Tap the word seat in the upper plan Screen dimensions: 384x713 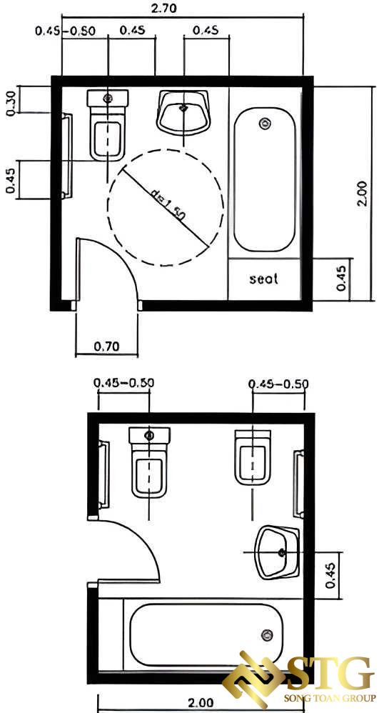[x=263, y=279]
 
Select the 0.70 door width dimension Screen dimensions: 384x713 [x=107, y=346]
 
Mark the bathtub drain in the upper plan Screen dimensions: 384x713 [x=264, y=123]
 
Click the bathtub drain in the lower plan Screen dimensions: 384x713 [x=268, y=635]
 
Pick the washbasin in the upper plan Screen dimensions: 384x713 [x=184, y=112]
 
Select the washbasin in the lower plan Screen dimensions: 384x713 [x=277, y=552]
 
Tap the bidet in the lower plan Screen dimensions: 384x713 [x=253, y=459]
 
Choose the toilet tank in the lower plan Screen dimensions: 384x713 [x=149, y=436]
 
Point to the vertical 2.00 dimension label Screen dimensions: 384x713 [x=362, y=194]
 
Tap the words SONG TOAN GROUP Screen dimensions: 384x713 [x=330, y=698]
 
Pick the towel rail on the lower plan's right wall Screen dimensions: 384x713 [x=299, y=484]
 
